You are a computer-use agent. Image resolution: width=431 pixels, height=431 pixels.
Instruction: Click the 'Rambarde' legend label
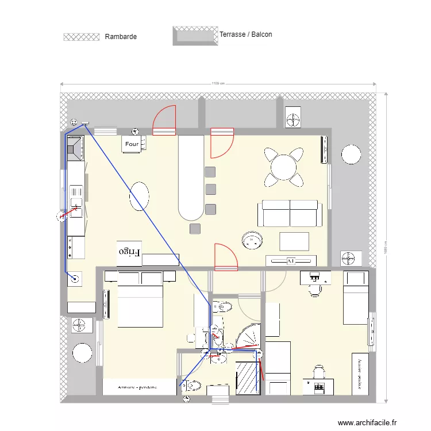pos(121,37)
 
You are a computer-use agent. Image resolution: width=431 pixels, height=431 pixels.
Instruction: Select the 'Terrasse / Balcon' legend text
pos(245,34)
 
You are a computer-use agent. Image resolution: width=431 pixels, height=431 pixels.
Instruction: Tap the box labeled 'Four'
pos(132,144)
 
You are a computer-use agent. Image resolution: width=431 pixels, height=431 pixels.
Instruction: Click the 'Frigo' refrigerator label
pos(129,252)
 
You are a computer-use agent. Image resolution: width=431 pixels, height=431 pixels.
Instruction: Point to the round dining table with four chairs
pos(283,167)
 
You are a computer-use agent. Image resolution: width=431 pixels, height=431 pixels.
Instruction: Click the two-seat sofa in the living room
pos(290,213)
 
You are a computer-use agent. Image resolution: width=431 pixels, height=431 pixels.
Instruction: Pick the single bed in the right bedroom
pos(356,298)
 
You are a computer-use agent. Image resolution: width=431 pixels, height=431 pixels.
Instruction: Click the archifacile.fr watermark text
pos(367,422)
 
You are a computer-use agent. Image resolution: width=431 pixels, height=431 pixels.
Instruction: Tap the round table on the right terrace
pos(351,155)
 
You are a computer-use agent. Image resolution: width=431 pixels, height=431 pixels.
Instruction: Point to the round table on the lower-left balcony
pos(82,353)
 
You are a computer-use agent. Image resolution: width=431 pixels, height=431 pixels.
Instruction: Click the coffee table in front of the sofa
pos(294,240)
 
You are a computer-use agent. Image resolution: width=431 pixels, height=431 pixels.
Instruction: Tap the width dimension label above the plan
pos(218,83)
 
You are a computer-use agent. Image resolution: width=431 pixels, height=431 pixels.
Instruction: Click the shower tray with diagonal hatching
pos(247,378)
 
